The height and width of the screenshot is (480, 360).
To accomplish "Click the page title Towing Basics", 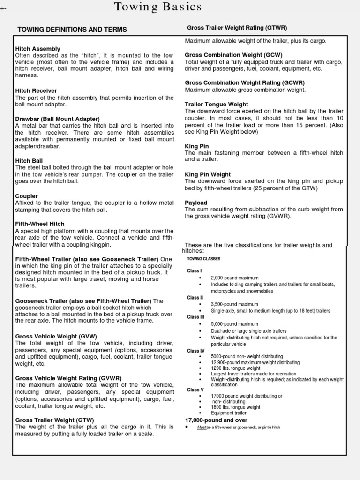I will (158, 7).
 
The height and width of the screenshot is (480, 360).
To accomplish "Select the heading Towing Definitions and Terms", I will (72, 30).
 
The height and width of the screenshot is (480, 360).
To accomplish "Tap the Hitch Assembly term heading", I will (38, 49).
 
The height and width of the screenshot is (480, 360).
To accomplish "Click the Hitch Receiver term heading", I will (36, 91).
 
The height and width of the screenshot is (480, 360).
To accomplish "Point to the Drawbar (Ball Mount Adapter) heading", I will (58, 119).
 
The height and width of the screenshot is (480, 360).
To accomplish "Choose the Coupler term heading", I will (27, 196).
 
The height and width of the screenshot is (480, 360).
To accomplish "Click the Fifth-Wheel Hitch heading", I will (40, 224).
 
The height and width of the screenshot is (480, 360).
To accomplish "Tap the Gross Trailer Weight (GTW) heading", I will (55, 420).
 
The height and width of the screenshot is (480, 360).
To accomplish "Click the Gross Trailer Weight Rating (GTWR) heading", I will (237, 28).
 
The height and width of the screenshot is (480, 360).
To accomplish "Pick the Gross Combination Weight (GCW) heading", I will (233, 55).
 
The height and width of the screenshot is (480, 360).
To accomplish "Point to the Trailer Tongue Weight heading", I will (217, 104).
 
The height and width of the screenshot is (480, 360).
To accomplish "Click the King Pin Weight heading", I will (208, 174).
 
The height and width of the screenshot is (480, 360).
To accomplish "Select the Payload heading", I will (196, 202).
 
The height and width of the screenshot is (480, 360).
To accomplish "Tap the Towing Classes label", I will (203, 259).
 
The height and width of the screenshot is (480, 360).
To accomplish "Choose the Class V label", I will (195, 390).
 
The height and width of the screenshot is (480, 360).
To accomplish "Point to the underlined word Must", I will (202, 427).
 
